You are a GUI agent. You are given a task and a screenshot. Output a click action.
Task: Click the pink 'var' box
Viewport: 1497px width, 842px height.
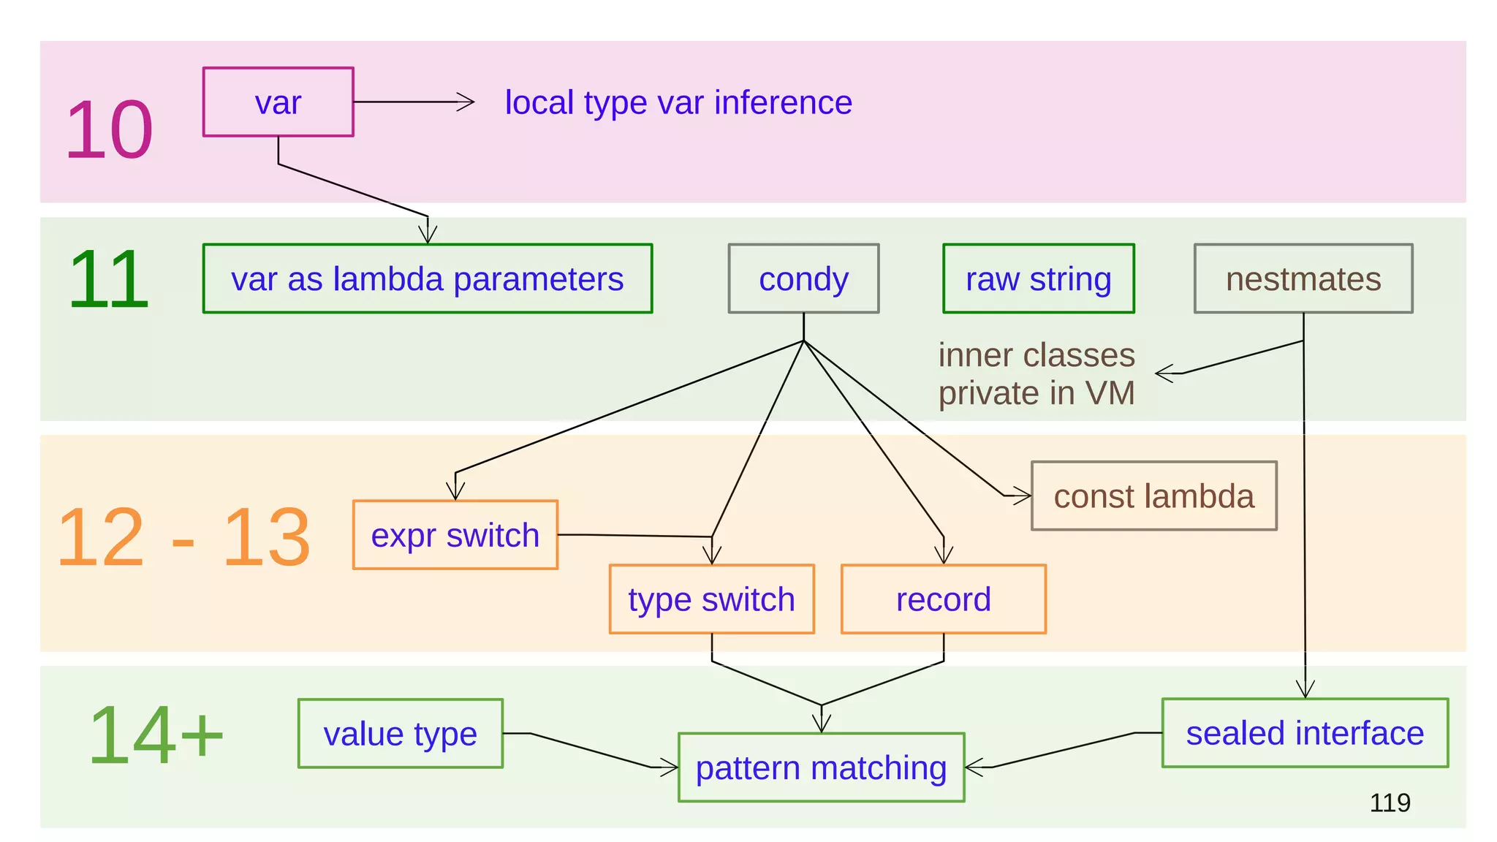click(278, 102)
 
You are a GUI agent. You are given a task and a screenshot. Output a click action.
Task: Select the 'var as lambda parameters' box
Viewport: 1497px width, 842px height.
click(427, 278)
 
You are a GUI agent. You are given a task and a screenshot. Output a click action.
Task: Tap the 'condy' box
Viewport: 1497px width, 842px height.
click(803, 278)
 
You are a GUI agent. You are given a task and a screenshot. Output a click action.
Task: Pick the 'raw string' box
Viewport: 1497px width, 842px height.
click(1038, 278)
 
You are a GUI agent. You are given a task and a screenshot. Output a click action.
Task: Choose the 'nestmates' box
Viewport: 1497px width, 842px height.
click(1303, 278)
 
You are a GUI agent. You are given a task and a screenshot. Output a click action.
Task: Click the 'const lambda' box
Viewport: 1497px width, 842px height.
click(1153, 496)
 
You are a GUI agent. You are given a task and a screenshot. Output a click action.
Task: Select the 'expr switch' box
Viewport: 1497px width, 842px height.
click(455, 535)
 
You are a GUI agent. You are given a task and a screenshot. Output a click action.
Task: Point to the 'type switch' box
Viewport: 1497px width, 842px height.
click(711, 599)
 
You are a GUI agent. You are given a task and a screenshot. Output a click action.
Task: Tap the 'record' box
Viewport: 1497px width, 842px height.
click(943, 599)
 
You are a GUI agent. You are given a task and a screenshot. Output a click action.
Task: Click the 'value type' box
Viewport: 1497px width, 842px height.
click(400, 733)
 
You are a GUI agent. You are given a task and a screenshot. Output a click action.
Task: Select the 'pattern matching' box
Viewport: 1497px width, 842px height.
click(821, 767)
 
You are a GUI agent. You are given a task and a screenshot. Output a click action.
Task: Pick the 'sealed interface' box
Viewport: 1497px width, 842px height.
click(1305, 732)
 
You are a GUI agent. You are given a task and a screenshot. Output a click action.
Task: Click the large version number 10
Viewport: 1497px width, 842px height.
click(109, 130)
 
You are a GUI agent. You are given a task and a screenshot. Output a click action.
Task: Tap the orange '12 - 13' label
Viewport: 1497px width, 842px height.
click(183, 537)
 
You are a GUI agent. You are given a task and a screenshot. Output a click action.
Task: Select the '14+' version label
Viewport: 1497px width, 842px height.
click(156, 735)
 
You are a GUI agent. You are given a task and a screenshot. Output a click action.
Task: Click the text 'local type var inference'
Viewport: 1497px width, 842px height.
click(678, 102)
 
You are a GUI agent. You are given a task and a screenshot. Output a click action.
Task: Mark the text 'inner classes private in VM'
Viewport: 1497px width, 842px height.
click(1036, 373)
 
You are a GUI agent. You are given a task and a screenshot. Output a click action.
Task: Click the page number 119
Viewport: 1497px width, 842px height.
click(1390, 803)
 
